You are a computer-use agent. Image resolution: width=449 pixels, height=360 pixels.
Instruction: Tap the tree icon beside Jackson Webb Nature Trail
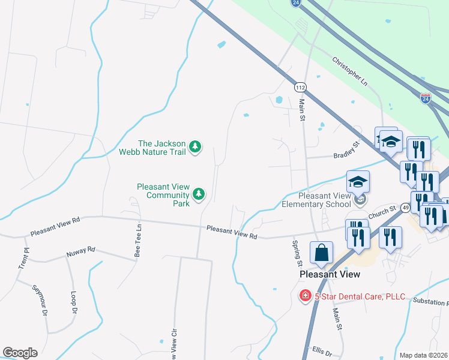tap(195, 146)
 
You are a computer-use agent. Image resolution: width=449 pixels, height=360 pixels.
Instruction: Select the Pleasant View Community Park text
tap(163, 195)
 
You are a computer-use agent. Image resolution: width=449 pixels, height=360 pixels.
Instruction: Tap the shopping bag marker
tap(321, 253)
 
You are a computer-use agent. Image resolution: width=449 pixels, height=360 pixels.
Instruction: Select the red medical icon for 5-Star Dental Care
tap(305, 296)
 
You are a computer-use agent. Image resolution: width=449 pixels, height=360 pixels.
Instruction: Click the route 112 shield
tap(301, 88)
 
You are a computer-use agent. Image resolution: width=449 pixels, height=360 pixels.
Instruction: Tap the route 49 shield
tap(406, 208)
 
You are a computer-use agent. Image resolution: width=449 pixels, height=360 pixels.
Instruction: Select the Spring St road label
tap(296, 254)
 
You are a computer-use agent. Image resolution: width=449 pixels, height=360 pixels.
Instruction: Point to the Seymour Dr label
tap(38, 301)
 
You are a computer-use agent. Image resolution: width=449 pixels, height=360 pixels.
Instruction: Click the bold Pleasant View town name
tap(330, 274)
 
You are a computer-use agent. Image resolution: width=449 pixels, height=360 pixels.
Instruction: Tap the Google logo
tap(20, 353)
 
